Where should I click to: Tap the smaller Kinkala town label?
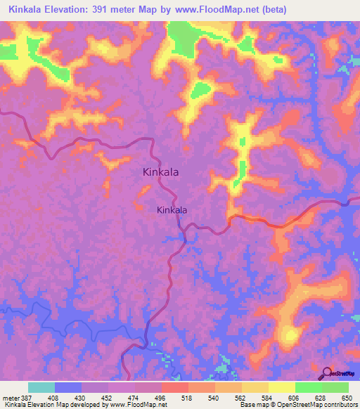[x=172, y=209]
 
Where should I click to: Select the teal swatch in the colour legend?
[x=41, y=387]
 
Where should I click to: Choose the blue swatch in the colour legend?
[x=68, y=387]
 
